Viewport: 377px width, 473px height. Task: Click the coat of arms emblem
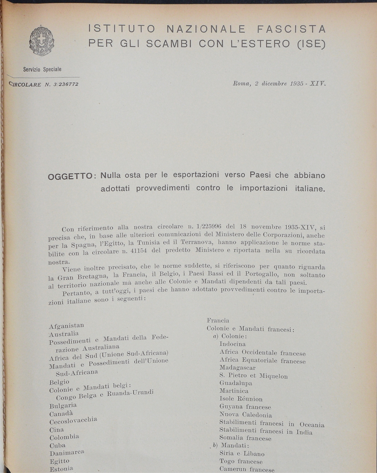[42, 41]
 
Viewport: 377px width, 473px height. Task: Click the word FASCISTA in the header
[291, 29]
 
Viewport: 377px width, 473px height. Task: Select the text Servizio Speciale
[42, 70]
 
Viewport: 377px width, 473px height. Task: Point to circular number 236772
[68, 84]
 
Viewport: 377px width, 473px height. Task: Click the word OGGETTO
[69, 177]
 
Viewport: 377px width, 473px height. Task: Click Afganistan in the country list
[66, 326]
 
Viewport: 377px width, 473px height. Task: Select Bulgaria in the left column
[63, 406]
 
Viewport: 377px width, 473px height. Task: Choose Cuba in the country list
[57, 446]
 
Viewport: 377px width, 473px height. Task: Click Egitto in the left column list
[59, 461]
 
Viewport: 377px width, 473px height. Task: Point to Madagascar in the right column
[237, 368]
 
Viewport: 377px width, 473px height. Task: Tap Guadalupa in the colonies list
[236, 383]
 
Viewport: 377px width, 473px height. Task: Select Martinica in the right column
[234, 391]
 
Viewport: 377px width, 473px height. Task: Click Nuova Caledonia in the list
[246, 415]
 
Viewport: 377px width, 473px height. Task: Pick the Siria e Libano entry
[242, 454]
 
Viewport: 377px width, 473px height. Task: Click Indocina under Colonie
[233, 344]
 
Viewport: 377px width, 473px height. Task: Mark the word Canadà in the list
[61, 414]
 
